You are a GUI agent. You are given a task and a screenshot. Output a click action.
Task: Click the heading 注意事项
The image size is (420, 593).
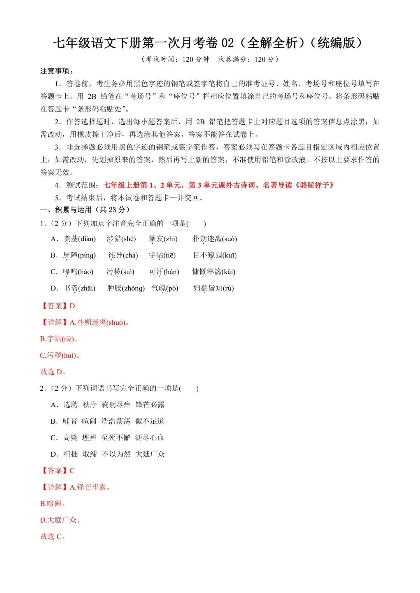pos(57,71)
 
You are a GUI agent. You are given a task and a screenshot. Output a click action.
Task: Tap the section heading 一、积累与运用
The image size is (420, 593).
pos(85,210)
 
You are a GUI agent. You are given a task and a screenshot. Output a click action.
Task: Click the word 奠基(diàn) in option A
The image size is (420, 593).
pos(79,239)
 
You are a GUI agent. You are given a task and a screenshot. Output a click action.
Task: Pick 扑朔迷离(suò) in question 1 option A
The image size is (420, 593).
pos(215,239)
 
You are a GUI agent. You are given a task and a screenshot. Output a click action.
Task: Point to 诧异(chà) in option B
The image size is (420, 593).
pos(123,256)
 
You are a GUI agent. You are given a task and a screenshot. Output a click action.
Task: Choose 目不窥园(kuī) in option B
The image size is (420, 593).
pos(215,256)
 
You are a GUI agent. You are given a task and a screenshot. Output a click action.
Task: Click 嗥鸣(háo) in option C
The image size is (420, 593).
pos(78,272)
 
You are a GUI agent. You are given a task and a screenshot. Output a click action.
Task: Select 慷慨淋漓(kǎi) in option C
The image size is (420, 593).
pos(213,272)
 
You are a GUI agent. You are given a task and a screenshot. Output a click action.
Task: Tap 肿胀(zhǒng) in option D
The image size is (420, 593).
pos(126,288)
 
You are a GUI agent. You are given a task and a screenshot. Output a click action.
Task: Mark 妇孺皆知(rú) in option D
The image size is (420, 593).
pos(213,288)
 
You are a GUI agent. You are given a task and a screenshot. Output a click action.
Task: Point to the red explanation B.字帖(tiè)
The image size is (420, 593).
pos(59,339)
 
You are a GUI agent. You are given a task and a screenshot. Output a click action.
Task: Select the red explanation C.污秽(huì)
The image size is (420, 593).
pos(60,355)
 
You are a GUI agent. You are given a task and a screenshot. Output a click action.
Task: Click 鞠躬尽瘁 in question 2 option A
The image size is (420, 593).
pos(116,405)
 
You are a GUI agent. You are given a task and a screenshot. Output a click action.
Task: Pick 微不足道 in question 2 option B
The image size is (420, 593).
pos(150,421)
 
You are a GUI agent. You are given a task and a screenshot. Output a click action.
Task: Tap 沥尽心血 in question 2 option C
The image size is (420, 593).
pos(150,438)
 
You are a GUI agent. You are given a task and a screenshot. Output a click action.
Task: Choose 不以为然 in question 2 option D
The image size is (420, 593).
pos(116,454)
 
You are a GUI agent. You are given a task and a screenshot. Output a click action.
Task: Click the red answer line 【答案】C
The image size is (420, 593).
pos(58,471)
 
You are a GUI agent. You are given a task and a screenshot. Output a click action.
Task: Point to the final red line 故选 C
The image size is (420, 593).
pos(52,537)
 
